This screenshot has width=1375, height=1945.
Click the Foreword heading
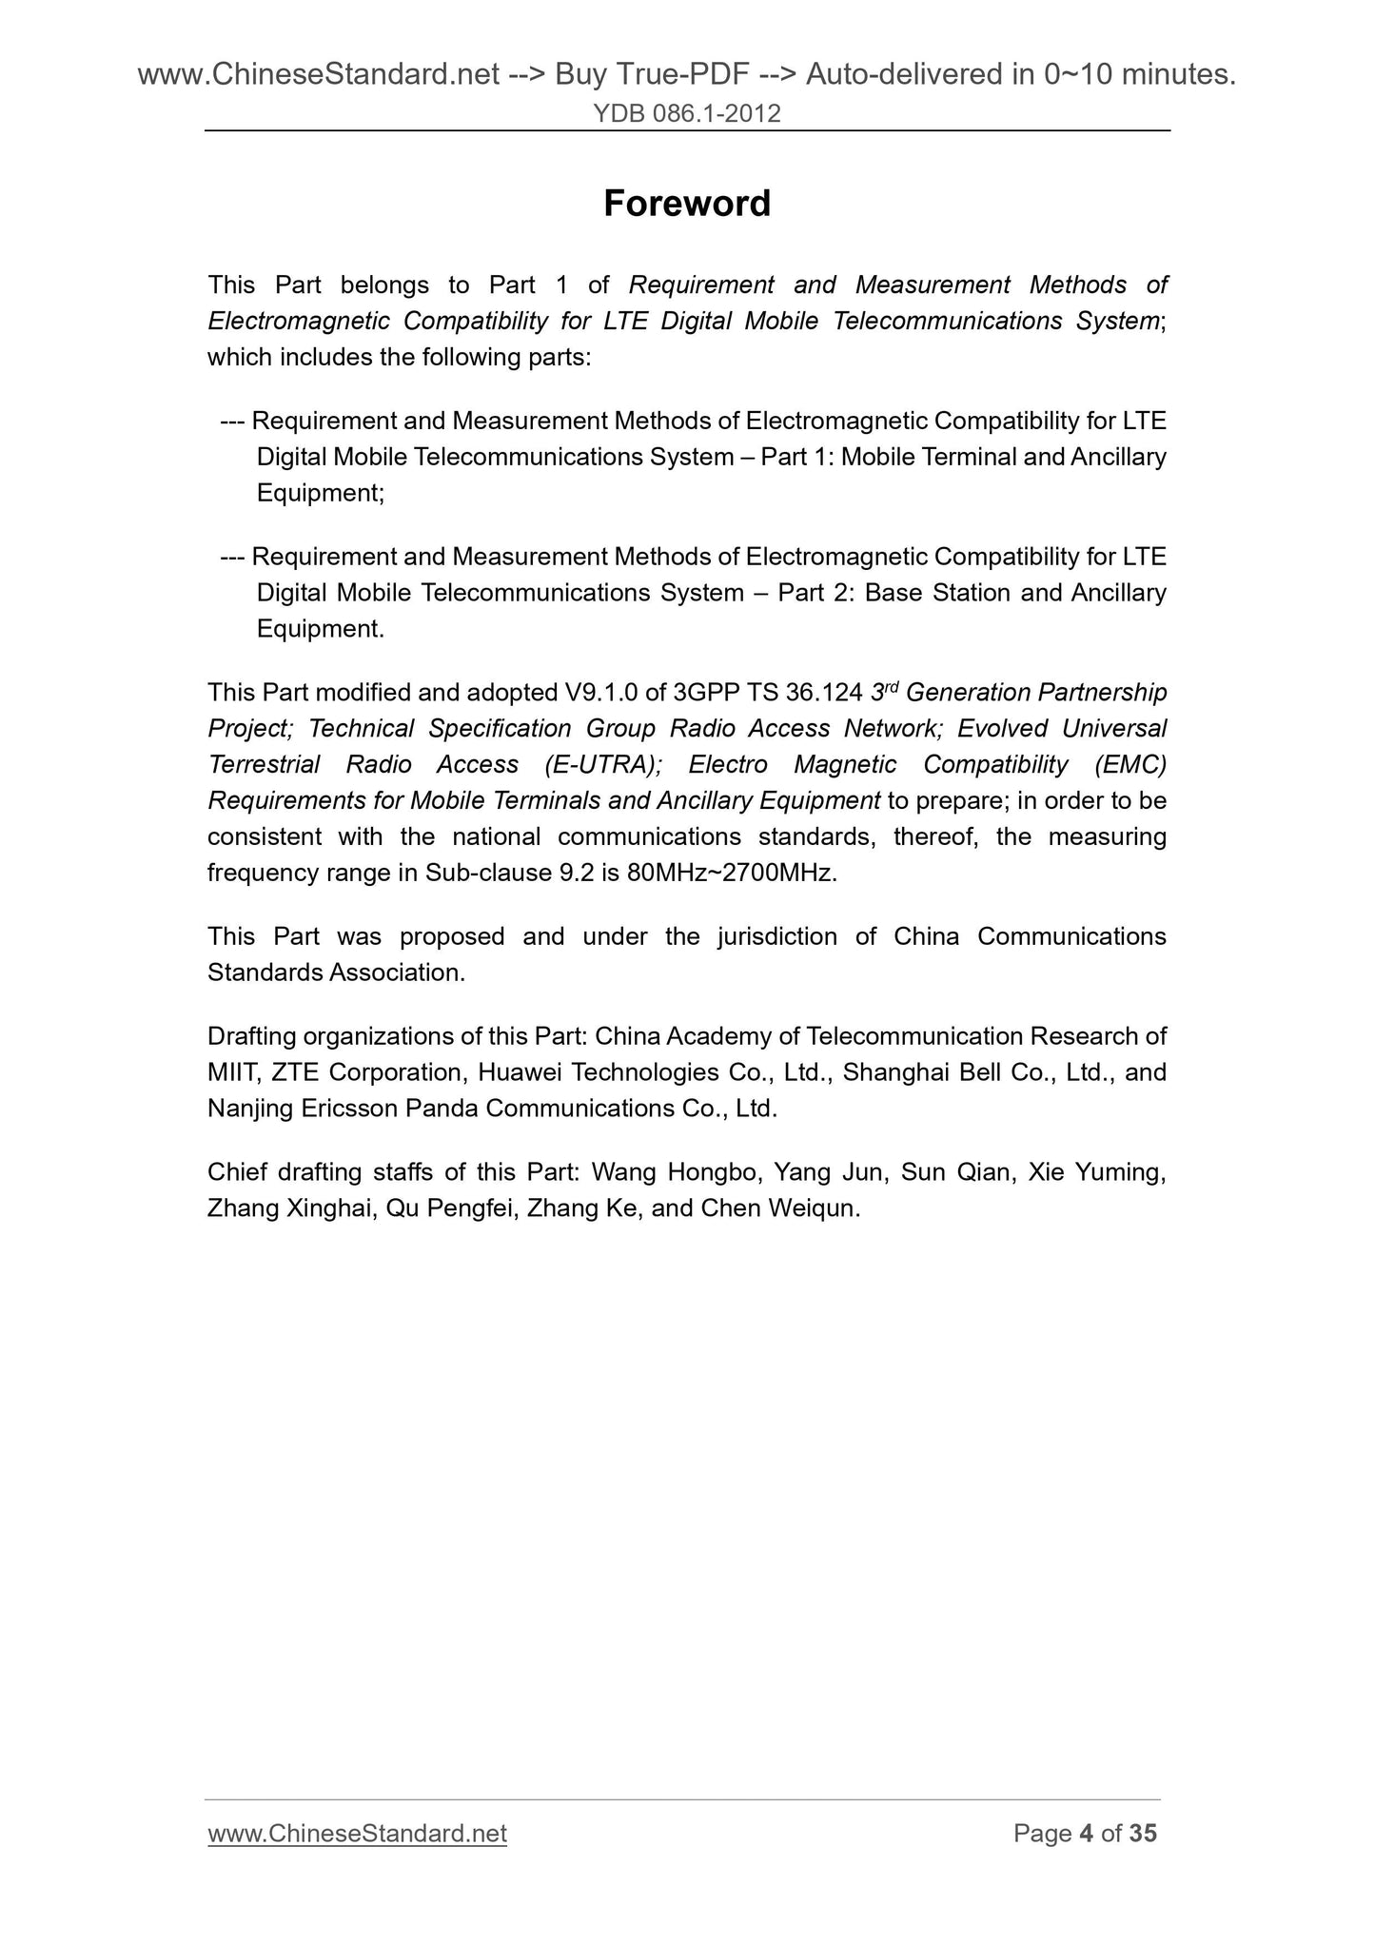687,204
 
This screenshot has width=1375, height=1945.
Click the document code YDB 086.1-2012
687,114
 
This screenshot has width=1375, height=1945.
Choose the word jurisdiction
776,936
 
